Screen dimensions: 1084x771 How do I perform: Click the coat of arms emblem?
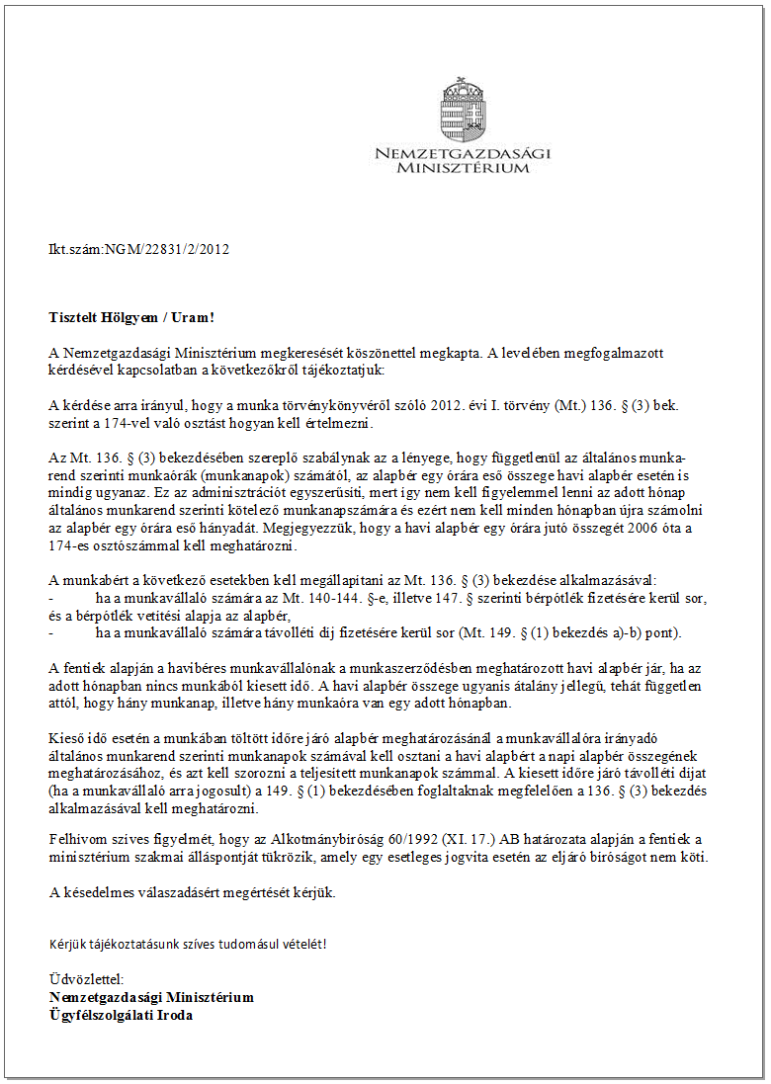pos(461,110)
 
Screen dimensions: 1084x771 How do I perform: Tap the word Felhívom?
pos(75,838)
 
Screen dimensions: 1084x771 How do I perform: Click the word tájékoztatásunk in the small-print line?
pos(132,943)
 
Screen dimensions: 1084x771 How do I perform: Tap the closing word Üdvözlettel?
pos(86,979)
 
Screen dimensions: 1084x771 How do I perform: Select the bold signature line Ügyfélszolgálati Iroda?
pos(121,1015)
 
